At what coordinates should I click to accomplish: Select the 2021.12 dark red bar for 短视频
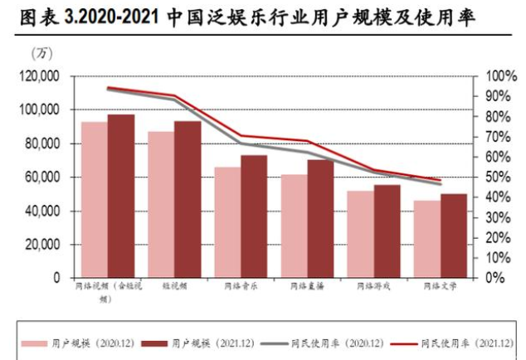pyautogui.click(x=188, y=199)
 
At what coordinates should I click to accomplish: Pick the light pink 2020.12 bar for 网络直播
pyautogui.click(x=294, y=226)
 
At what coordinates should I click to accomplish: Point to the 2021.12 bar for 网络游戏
pyautogui.click(x=387, y=231)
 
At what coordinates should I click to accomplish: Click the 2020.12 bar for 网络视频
pyautogui.click(x=95, y=199)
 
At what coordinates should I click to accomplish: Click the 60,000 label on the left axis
pyautogui.click(x=43, y=178)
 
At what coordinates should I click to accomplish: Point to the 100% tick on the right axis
pyautogui.click(x=500, y=76)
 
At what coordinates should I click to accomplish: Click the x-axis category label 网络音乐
pyautogui.click(x=241, y=286)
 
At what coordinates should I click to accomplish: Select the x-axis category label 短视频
pyautogui.click(x=174, y=286)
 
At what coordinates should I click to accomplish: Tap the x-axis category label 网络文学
pyautogui.click(x=440, y=286)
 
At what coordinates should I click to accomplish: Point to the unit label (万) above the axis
pyautogui.click(x=41, y=54)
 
